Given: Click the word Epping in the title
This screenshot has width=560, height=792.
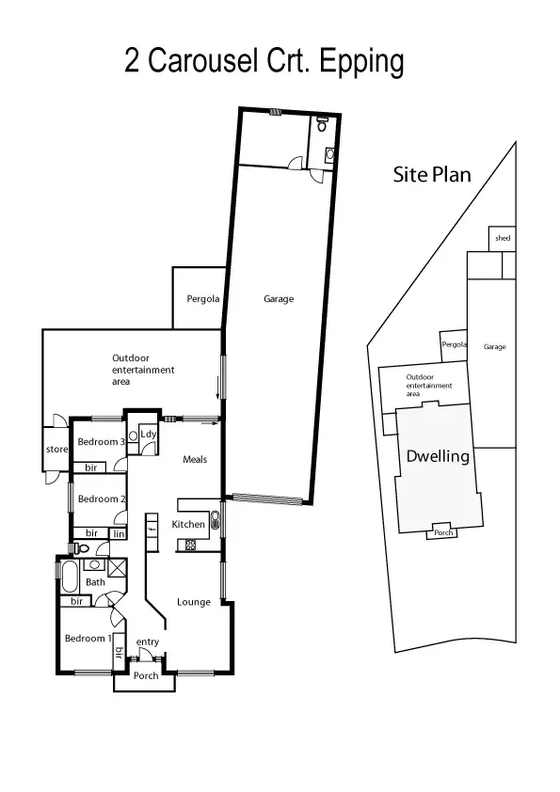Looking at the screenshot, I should [x=362, y=62].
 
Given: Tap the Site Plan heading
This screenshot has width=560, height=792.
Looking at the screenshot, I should [x=431, y=174].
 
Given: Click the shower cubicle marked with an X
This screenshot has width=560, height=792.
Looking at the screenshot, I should [x=117, y=566].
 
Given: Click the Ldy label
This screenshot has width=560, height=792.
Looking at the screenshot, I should [x=148, y=434].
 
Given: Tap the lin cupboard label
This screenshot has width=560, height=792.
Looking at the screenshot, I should [x=120, y=533].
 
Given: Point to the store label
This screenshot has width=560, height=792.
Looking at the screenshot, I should [x=57, y=450].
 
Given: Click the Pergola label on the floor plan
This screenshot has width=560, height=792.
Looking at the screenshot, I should [x=202, y=299].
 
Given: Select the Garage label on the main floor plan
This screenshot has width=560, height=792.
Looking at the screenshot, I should [x=279, y=299].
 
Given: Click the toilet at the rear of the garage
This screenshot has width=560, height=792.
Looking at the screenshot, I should [x=322, y=123].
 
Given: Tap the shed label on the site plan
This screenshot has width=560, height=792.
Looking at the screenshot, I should [x=503, y=239].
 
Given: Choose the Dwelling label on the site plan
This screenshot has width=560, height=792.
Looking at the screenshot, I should [x=438, y=457].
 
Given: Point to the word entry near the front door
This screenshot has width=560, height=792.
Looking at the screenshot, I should [x=149, y=642].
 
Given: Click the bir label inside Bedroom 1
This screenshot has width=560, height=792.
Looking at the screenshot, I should [x=119, y=652].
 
